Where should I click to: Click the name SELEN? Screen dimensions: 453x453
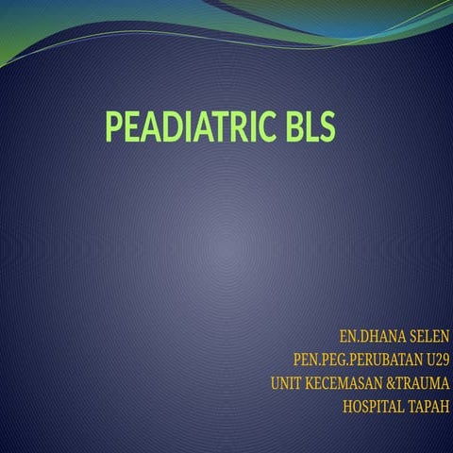(426, 337)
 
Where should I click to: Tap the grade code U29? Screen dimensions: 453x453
(436, 361)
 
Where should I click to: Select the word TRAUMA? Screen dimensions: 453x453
(424, 384)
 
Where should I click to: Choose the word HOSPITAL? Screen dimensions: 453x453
(374, 408)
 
